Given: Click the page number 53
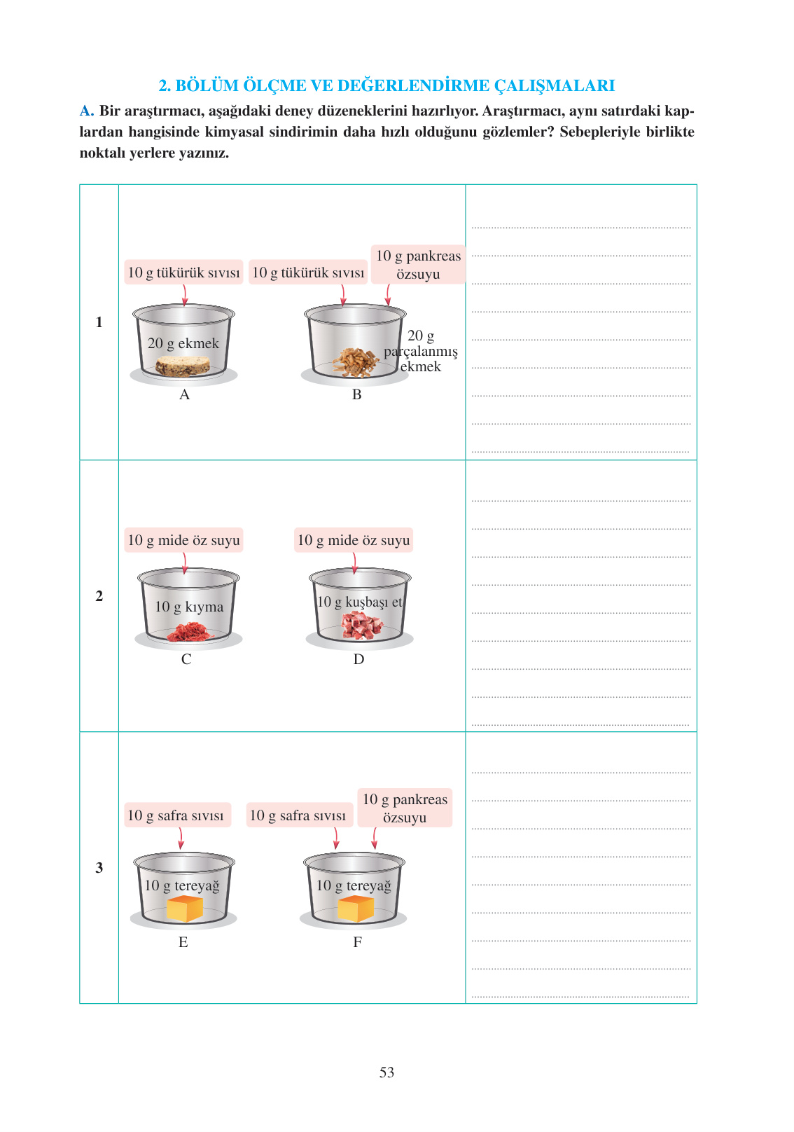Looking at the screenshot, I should (x=386, y=1072).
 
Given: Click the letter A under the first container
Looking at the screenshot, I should (x=184, y=394).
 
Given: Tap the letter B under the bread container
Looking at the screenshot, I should (x=356, y=394).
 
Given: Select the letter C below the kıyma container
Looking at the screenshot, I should (x=186, y=659).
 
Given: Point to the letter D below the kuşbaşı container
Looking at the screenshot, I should (x=358, y=659).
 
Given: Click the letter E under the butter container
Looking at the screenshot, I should (x=183, y=942).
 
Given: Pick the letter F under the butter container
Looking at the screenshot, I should (x=357, y=942).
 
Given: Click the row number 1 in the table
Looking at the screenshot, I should (x=99, y=322).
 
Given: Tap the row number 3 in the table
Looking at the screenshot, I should (x=99, y=868).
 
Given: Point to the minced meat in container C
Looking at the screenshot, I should (x=188, y=632).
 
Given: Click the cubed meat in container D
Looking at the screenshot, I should (x=361, y=625).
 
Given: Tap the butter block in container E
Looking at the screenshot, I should (x=184, y=909).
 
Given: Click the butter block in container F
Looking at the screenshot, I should (x=355, y=909).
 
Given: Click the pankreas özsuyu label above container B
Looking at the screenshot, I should (x=418, y=265).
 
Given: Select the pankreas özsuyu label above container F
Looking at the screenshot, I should (x=405, y=808).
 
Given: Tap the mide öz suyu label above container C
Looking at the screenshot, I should (x=183, y=540).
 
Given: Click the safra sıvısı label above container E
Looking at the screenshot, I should (x=176, y=815).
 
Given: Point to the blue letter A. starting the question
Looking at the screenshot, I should (x=86, y=111).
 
